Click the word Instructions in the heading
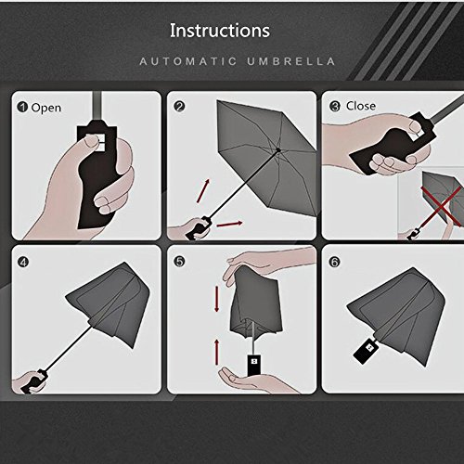tap(220, 31)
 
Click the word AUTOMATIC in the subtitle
tap(188, 61)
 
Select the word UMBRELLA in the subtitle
tap(291, 61)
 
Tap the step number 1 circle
tap(22, 108)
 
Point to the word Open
tap(46, 109)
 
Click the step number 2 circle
tap(180, 107)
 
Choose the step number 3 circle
tap(335, 107)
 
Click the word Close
tap(361, 106)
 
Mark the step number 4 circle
tap(23, 263)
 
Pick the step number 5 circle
tap(180, 262)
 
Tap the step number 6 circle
tap(335, 262)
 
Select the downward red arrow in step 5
tap(217, 299)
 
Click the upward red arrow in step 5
tap(217, 352)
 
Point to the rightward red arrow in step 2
tap(229, 224)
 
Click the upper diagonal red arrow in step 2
tap(203, 191)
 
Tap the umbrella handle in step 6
tap(365, 351)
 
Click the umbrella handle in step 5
tap(254, 366)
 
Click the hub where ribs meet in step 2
tap(278, 150)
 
